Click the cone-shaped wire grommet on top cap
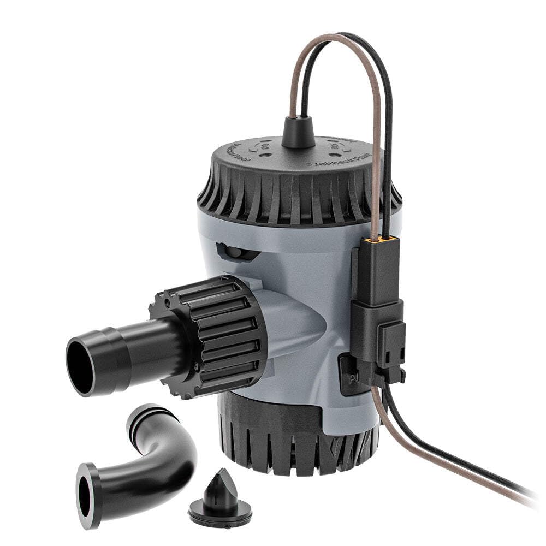298,133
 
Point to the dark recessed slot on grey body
238,252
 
